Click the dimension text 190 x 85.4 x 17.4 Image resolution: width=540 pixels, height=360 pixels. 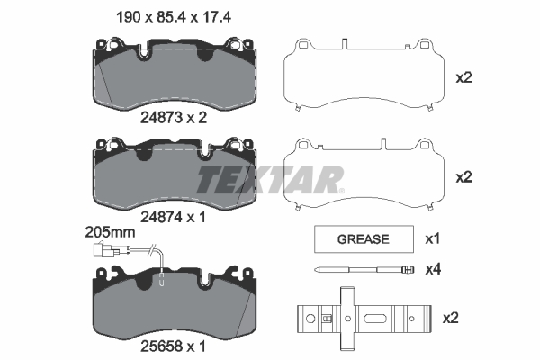tap(174, 17)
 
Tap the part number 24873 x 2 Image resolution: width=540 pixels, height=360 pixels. tap(174, 118)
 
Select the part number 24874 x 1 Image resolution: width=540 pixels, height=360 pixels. tap(173, 217)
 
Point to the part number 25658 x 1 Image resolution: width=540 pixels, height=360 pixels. tap(173, 346)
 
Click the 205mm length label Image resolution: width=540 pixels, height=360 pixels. tap(110, 232)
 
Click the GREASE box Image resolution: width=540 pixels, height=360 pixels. tap(364, 239)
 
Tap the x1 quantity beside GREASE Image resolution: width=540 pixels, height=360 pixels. tap(433, 238)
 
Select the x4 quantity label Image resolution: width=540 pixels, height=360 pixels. tap(433, 269)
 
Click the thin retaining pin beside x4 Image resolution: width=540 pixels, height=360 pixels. tap(364, 269)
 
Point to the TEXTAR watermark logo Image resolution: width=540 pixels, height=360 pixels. tap(270, 179)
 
